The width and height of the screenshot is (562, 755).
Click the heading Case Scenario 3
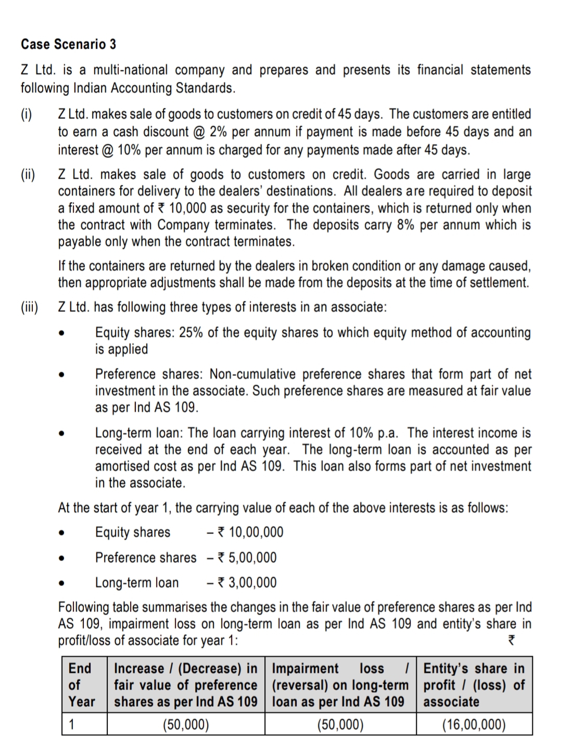[68, 44]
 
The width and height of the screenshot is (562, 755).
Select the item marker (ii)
[28, 174]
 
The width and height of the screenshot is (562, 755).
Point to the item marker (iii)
[30, 307]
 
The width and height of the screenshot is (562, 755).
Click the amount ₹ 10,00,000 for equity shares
[250, 532]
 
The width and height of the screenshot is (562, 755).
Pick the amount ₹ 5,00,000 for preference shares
[247, 558]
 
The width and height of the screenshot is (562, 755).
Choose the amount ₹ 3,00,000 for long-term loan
[247, 583]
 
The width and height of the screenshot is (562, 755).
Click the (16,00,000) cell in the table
[474, 724]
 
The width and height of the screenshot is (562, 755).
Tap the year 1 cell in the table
[73, 724]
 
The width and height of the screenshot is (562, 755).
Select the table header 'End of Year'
[82, 685]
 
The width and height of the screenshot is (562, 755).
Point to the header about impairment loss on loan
[340, 685]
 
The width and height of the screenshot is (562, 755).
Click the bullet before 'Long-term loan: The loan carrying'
[62, 433]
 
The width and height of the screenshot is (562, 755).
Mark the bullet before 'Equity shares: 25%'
[62, 333]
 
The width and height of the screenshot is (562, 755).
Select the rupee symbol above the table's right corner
[511, 641]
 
